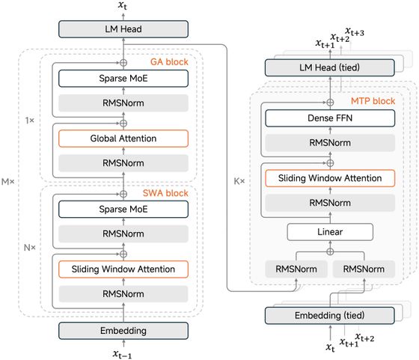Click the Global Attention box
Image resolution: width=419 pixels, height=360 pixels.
[x=123, y=138]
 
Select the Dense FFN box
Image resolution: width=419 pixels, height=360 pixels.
[x=330, y=118]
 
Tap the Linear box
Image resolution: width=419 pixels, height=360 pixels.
[x=330, y=232]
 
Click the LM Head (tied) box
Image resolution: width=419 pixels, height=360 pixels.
[x=330, y=67]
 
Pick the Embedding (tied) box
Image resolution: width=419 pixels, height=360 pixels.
[x=330, y=316]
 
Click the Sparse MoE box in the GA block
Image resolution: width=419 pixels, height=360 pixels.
[x=123, y=79]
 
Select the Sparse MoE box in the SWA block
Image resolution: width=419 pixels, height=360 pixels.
[x=123, y=210]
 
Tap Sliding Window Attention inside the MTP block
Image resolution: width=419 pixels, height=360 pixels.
[x=330, y=178]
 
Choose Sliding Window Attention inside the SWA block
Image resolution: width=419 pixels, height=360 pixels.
[x=123, y=269]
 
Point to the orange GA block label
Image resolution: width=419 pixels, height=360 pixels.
[x=169, y=62]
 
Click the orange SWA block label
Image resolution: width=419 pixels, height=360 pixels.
[x=165, y=193]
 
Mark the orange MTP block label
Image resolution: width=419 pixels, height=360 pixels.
[x=373, y=101]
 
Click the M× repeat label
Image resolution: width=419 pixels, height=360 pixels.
[x=8, y=182]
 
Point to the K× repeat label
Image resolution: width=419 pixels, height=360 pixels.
[x=239, y=181]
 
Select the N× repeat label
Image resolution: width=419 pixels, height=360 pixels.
[x=30, y=248]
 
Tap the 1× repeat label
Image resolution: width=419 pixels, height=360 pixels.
[x=30, y=120]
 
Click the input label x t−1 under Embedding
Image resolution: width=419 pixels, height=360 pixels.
[x=122, y=355]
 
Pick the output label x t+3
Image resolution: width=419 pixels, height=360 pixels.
[x=355, y=31]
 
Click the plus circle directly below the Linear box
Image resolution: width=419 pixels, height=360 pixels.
[x=330, y=251]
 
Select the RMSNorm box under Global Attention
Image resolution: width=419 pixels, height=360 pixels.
[x=123, y=163]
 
